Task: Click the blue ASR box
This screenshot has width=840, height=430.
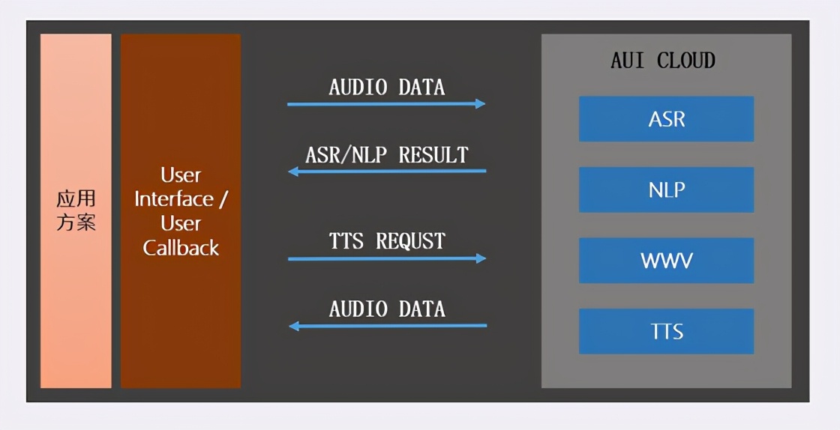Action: [666, 118]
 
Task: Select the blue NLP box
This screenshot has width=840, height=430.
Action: [666, 190]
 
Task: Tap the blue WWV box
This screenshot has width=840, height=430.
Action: [666, 261]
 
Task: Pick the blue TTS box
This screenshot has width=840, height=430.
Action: [666, 331]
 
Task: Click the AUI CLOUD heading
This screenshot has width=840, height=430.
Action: [663, 61]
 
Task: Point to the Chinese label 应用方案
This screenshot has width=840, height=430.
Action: [76, 211]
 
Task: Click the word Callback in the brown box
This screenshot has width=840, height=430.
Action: [181, 248]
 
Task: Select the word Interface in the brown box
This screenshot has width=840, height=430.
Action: [174, 199]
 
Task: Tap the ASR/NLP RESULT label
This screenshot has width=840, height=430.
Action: [387, 155]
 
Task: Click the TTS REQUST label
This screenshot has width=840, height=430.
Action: [387, 241]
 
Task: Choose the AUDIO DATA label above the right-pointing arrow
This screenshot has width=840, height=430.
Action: [387, 87]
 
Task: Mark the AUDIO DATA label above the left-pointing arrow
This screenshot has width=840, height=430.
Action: [387, 309]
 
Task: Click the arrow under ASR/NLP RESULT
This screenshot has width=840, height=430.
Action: [387, 172]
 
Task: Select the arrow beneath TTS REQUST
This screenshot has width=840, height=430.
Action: [387, 258]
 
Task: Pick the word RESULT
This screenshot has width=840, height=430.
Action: [433, 155]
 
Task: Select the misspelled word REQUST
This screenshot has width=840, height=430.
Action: [411, 241]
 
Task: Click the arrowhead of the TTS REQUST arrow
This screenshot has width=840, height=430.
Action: [481, 258]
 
